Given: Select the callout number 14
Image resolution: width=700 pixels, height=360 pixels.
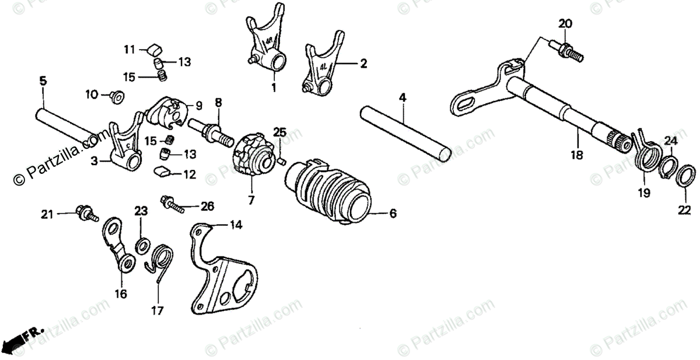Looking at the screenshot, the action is coord(235,224).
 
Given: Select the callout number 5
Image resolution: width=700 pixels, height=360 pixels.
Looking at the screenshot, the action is coord(43,81).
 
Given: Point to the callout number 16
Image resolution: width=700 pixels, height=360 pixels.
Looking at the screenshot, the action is coord(120,294).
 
